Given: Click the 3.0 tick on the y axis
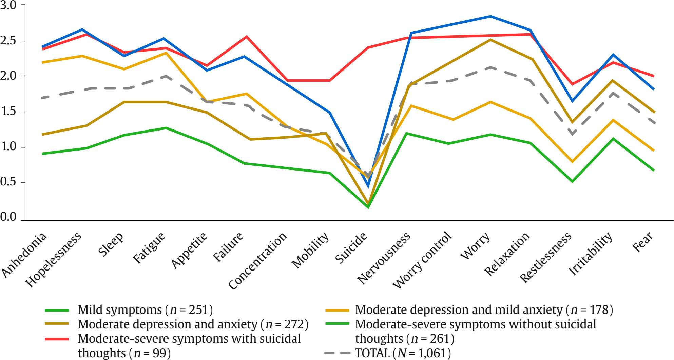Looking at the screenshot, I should coord(8,5).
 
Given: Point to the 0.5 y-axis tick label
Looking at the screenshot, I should coord(8,182).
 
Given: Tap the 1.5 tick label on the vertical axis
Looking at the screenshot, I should coord(8,111).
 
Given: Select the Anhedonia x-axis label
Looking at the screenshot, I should coord(24,255).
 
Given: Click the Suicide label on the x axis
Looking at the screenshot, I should coord(351,248).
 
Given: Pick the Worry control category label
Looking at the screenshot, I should coord(422,260).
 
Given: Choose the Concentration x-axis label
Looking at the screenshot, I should coord(258,261).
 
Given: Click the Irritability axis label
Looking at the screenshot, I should coord(591,253).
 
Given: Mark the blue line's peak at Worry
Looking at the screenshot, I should coord(490,16).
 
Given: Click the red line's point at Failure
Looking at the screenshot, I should coord(247,37).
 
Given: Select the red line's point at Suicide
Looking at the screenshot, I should coord(368,47).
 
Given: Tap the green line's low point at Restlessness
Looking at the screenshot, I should coord(573,182).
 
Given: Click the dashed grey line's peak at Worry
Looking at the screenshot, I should coord(490,67).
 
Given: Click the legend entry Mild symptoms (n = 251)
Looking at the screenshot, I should coord(145,310).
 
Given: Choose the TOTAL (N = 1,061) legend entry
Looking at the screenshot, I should coord(403,353).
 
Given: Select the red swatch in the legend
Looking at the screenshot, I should coord(57,339).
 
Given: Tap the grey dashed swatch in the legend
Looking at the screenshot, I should coord(337,353).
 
